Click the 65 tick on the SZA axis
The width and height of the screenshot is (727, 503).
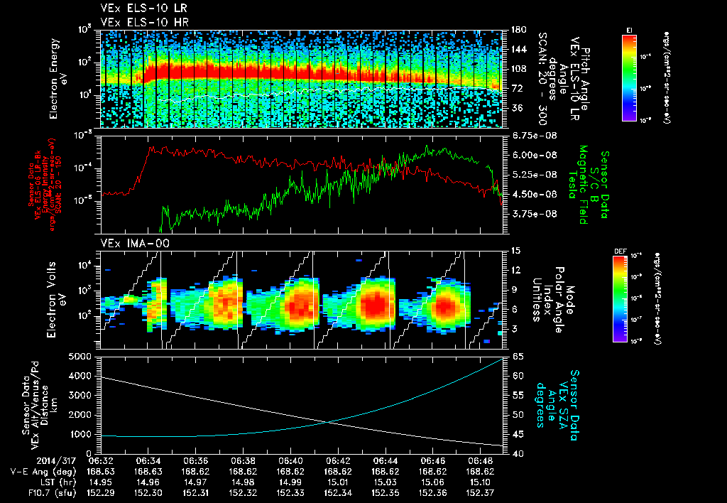tap(518, 356)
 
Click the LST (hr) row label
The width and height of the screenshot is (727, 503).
tap(31, 482)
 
